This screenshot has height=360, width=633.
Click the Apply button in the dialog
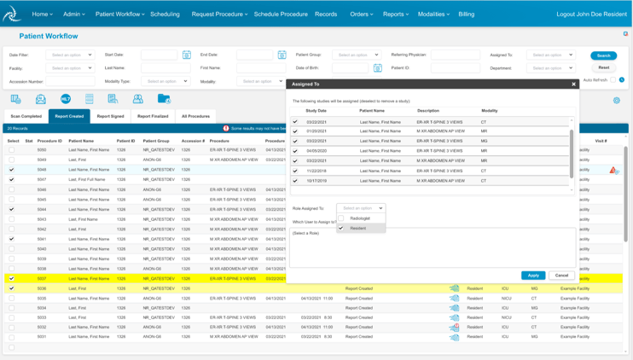point(533,276)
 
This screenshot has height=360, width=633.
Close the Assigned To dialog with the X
point(573,84)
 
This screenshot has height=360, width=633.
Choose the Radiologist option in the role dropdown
point(360,218)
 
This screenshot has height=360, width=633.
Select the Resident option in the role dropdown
point(357,229)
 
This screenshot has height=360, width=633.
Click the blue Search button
point(603,55)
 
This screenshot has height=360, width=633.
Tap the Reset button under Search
point(603,67)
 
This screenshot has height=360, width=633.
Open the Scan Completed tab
point(26,116)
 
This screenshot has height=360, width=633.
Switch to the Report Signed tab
point(110,116)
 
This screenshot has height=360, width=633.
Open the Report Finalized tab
point(153,116)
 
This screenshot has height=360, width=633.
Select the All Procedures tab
point(195,116)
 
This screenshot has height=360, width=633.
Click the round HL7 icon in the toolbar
point(66,99)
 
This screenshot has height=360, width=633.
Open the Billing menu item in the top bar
point(467,15)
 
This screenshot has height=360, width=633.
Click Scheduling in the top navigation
point(165,15)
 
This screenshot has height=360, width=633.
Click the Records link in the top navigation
point(326,15)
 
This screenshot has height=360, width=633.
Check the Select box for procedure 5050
point(12,150)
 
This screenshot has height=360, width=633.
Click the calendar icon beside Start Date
point(187,55)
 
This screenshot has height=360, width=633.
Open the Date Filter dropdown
point(70,55)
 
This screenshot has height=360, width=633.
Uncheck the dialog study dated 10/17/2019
point(296,181)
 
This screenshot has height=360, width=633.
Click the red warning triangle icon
point(613,171)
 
